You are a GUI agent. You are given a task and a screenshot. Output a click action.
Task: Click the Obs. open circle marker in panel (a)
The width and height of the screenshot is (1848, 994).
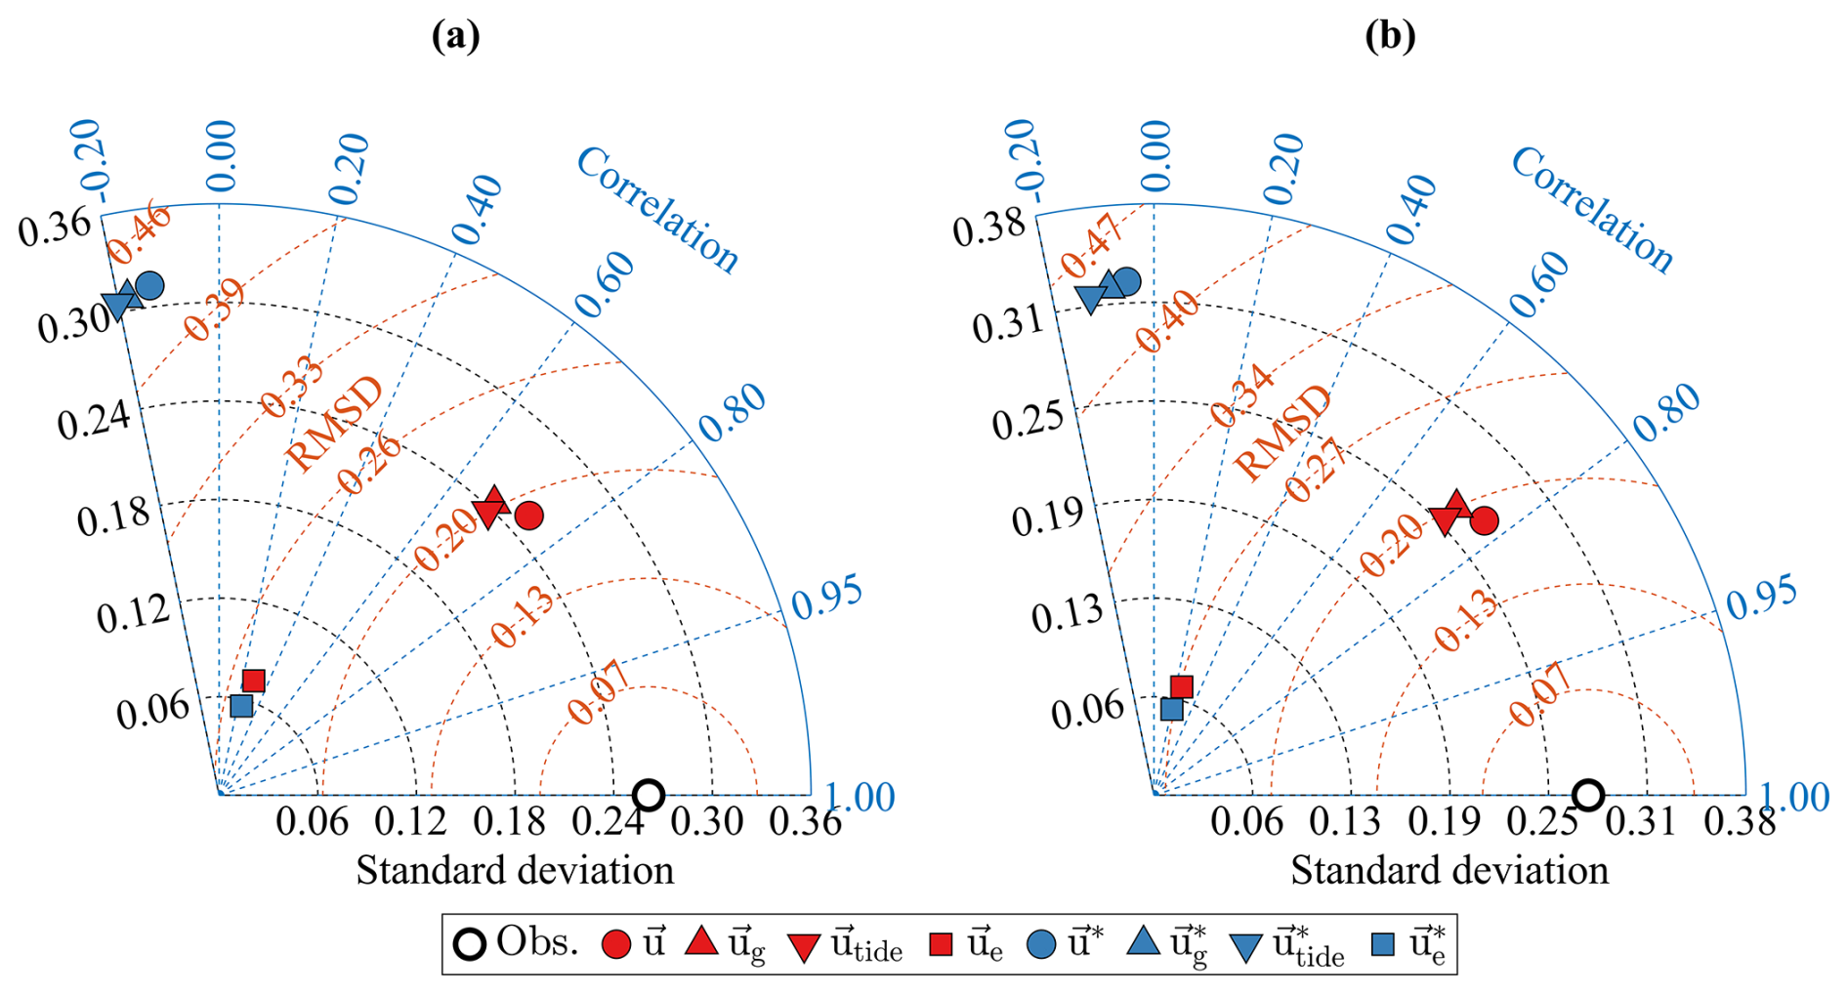(x=649, y=795)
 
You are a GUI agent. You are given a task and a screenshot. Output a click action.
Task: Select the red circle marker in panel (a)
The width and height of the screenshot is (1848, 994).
(x=528, y=515)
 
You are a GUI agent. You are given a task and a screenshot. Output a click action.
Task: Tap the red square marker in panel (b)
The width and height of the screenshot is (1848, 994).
(x=1181, y=687)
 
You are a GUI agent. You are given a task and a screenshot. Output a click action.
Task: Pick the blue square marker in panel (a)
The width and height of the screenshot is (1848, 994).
(x=241, y=706)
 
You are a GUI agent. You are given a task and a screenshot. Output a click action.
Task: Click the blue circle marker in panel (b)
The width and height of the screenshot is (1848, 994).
(x=1127, y=282)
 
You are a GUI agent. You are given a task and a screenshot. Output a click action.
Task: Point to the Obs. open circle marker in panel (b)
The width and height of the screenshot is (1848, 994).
(x=1588, y=795)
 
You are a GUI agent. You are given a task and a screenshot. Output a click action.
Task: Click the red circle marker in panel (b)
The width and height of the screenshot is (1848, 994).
(x=1484, y=521)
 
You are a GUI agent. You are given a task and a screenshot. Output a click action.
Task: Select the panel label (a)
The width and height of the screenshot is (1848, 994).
(x=456, y=36)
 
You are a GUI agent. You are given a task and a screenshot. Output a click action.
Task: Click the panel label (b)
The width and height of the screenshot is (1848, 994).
(x=1390, y=36)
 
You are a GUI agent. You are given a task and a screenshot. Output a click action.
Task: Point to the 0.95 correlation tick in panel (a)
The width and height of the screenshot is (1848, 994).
(x=826, y=598)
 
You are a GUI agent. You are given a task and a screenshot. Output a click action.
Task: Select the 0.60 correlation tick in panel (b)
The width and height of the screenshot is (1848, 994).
(x=1538, y=285)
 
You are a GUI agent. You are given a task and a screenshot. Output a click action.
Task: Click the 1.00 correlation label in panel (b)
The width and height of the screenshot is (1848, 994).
(x=1794, y=797)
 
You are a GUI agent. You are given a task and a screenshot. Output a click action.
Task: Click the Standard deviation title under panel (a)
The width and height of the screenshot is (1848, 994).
(x=515, y=870)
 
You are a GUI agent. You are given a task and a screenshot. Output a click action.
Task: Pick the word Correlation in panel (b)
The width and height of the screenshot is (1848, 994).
(x=1591, y=209)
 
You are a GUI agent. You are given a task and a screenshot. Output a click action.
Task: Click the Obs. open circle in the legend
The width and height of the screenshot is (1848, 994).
(x=471, y=944)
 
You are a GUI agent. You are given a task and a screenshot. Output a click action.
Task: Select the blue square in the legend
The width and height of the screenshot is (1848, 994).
(x=1382, y=944)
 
